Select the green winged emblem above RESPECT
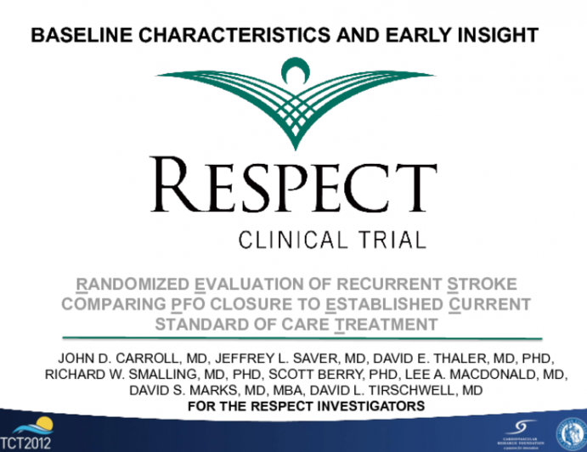(x=293, y=98)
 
